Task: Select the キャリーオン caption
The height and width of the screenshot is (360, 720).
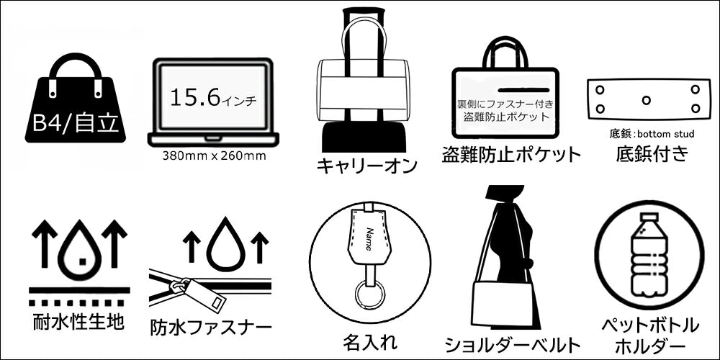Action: pyautogui.click(x=367, y=166)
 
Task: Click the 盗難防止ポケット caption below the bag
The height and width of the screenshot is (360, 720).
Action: pyautogui.click(x=510, y=153)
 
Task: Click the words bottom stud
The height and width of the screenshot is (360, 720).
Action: pyautogui.click(x=667, y=134)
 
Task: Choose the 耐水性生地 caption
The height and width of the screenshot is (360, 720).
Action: pyautogui.click(x=78, y=320)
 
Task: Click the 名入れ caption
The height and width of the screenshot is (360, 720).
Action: pyautogui.click(x=370, y=339)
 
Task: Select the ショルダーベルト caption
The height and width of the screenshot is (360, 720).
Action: pyautogui.click(x=512, y=343)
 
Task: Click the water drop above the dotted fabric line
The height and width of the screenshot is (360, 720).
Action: pyautogui.click(x=78, y=250)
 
